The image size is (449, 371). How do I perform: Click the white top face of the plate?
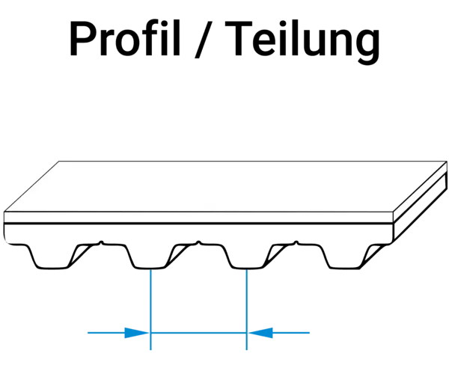pyautogui.click(x=224, y=186)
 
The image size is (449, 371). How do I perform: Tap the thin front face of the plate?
pyautogui.click(x=198, y=218)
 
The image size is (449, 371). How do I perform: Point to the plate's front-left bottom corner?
pyautogui.click(x=4, y=222)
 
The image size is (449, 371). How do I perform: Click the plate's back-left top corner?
pyautogui.click(x=58, y=161)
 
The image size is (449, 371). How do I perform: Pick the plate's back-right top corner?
pyautogui.click(x=446, y=162)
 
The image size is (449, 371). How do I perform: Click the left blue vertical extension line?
pyautogui.click(x=152, y=299)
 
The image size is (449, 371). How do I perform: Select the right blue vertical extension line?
pyautogui.click(x=247, y=299)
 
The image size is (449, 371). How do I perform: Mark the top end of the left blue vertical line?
pyautogui.click(x=152, y=270)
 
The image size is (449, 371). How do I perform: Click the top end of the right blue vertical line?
pyautogui.click(x=247, y=270)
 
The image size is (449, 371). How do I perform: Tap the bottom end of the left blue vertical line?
pyautogui.click(x=152, y=352)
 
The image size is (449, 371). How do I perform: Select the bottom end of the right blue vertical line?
pyautogui.click(x=247, y=352)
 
